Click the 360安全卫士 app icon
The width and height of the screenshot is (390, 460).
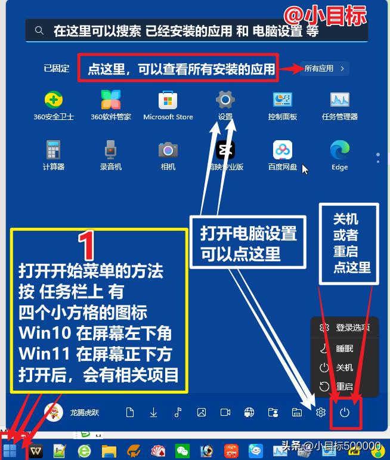(54, 100)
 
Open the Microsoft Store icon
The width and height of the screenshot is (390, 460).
(168, 100)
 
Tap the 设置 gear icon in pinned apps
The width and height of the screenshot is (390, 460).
(225, 99)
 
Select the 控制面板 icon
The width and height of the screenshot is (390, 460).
(282, 100)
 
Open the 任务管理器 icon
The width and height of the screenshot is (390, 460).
(340, 100)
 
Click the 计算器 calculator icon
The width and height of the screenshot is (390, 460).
(54, 149)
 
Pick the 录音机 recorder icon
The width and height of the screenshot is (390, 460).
(110, 149)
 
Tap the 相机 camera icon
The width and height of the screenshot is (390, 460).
(168, 149)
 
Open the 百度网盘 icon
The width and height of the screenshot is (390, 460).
(282, 149)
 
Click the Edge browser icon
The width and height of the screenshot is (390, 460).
(340, 149)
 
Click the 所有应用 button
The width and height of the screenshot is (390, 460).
(324, 69)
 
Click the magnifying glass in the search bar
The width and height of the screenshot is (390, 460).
(39, 30)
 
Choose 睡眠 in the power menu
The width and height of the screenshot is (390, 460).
(344, 348)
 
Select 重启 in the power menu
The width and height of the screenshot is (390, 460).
(344, 387)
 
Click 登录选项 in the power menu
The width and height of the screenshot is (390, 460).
(352, 328)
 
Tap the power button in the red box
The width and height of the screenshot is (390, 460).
(344, 412)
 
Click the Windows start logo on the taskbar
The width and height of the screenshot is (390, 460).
(10, 450)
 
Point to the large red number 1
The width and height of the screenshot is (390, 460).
(87, 245)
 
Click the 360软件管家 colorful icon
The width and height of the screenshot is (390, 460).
(110, 100)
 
